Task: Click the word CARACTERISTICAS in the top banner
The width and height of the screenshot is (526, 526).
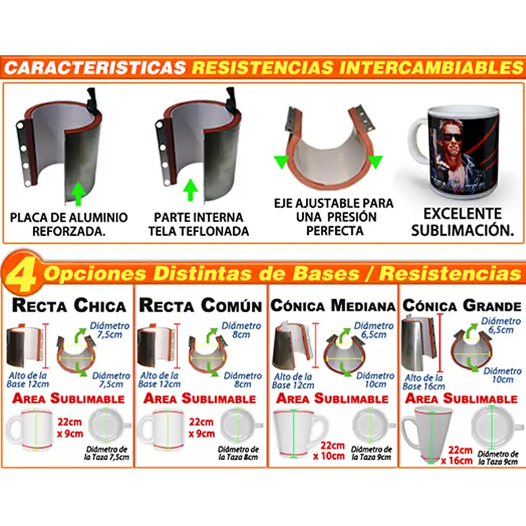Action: [x=95, y=68]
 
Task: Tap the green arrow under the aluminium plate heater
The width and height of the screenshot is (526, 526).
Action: [x=78, y=193]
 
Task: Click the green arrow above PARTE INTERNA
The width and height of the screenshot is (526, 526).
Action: [x=191, y=190]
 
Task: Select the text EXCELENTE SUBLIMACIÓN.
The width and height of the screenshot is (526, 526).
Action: [x=463, y=222]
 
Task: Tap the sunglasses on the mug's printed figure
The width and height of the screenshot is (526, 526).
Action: [x=452, y=137]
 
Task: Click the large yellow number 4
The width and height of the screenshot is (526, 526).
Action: [x=22, y=275]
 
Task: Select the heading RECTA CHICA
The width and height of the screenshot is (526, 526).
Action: [x=69, y=305]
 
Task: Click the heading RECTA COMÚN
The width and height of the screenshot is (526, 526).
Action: [x=201, y=305]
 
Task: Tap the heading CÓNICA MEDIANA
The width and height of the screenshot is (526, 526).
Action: [x=333, y=306]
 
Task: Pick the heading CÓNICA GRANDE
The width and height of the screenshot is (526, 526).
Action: [x=462, y=306]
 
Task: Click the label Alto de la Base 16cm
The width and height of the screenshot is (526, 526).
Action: [x=423, y=382]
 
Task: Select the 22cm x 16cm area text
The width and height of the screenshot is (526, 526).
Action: [x=457, y=455]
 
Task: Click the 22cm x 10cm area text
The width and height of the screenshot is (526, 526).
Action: [x=329, y=451]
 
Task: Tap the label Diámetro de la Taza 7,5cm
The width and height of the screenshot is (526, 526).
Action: [x=107, y=453]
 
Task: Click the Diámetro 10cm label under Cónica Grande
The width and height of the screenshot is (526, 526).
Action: [x=502, y=375]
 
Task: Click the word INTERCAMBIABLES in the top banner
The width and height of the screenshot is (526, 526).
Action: [x=431, y=68]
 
